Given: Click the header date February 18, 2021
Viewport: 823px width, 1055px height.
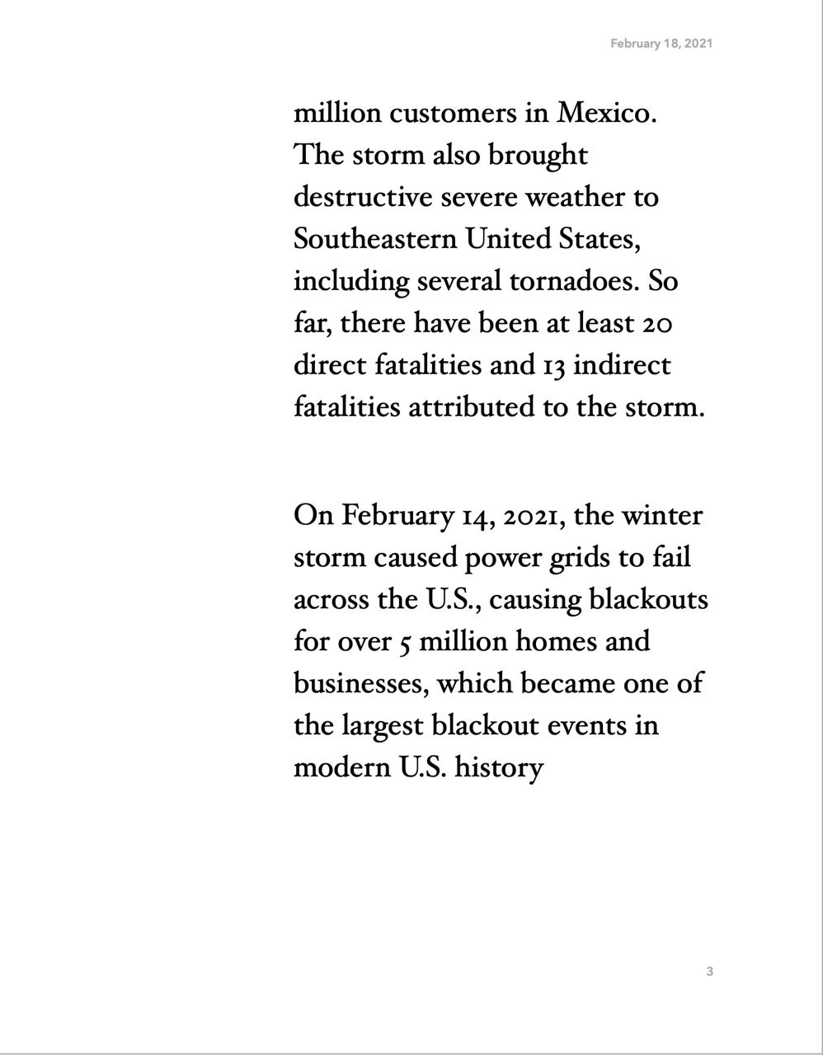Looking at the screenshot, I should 661,44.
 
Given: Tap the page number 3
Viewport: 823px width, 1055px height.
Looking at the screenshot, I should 709,972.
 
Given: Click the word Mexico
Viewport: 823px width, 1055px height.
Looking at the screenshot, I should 607,113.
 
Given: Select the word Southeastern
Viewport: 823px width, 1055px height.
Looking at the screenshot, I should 375,239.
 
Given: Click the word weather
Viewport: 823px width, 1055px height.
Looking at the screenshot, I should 577,197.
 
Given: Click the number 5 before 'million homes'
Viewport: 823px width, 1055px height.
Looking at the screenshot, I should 404,642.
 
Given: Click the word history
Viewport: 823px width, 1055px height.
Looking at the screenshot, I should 500,768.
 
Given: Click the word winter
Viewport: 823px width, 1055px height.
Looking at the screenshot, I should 661,516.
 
